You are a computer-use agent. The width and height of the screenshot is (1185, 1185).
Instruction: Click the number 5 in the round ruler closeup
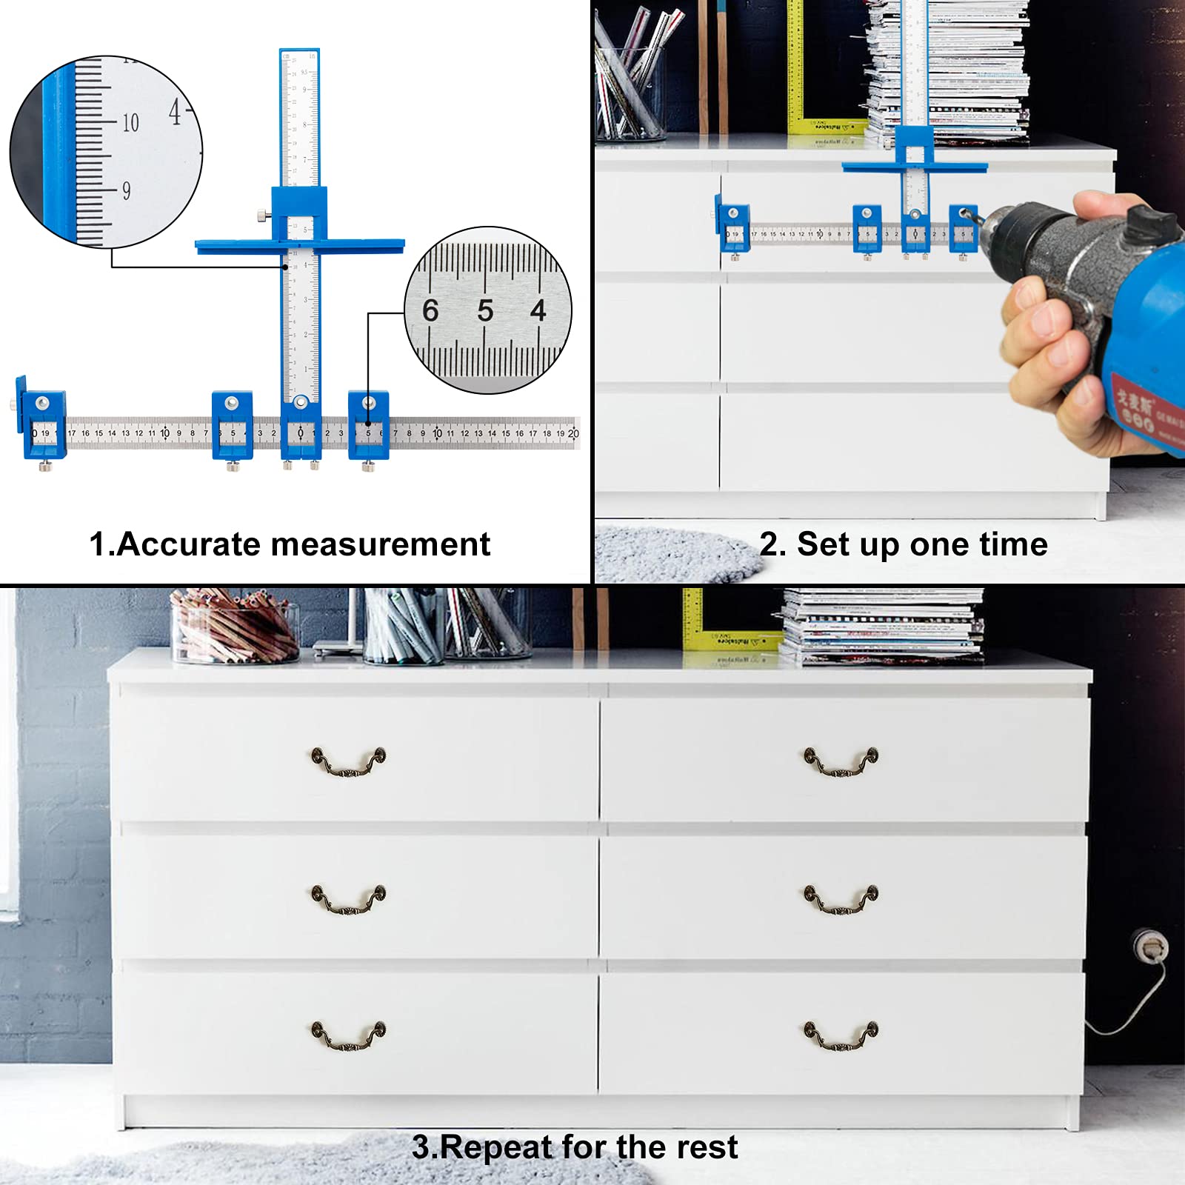click(x=485, y=311)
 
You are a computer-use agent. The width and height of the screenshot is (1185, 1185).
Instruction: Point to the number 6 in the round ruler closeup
click(x=430, y=311)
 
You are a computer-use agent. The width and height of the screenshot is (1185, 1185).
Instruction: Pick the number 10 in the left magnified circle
click(x=130, y=123)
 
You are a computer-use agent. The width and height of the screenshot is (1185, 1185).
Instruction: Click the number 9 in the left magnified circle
click(x=126, y=191)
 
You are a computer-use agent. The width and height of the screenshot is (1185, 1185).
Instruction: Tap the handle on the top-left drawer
click(x=348, y=761)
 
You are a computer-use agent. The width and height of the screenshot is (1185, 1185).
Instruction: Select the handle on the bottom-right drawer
click(x=841, y=1035)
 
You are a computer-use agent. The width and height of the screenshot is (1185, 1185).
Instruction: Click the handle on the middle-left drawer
click(x=348, y=898)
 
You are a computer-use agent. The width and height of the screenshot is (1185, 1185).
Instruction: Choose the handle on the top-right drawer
click(x=841, y=761)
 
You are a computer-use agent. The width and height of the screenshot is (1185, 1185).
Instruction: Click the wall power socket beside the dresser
click(x=1150, y=946)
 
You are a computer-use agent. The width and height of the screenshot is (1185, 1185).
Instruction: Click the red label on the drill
click(x=1145, y=411)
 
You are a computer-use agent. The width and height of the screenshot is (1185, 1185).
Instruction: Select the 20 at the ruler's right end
click(x=573, y=433)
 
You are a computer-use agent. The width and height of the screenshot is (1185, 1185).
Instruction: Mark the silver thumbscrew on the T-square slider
click(x=262, y=216)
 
